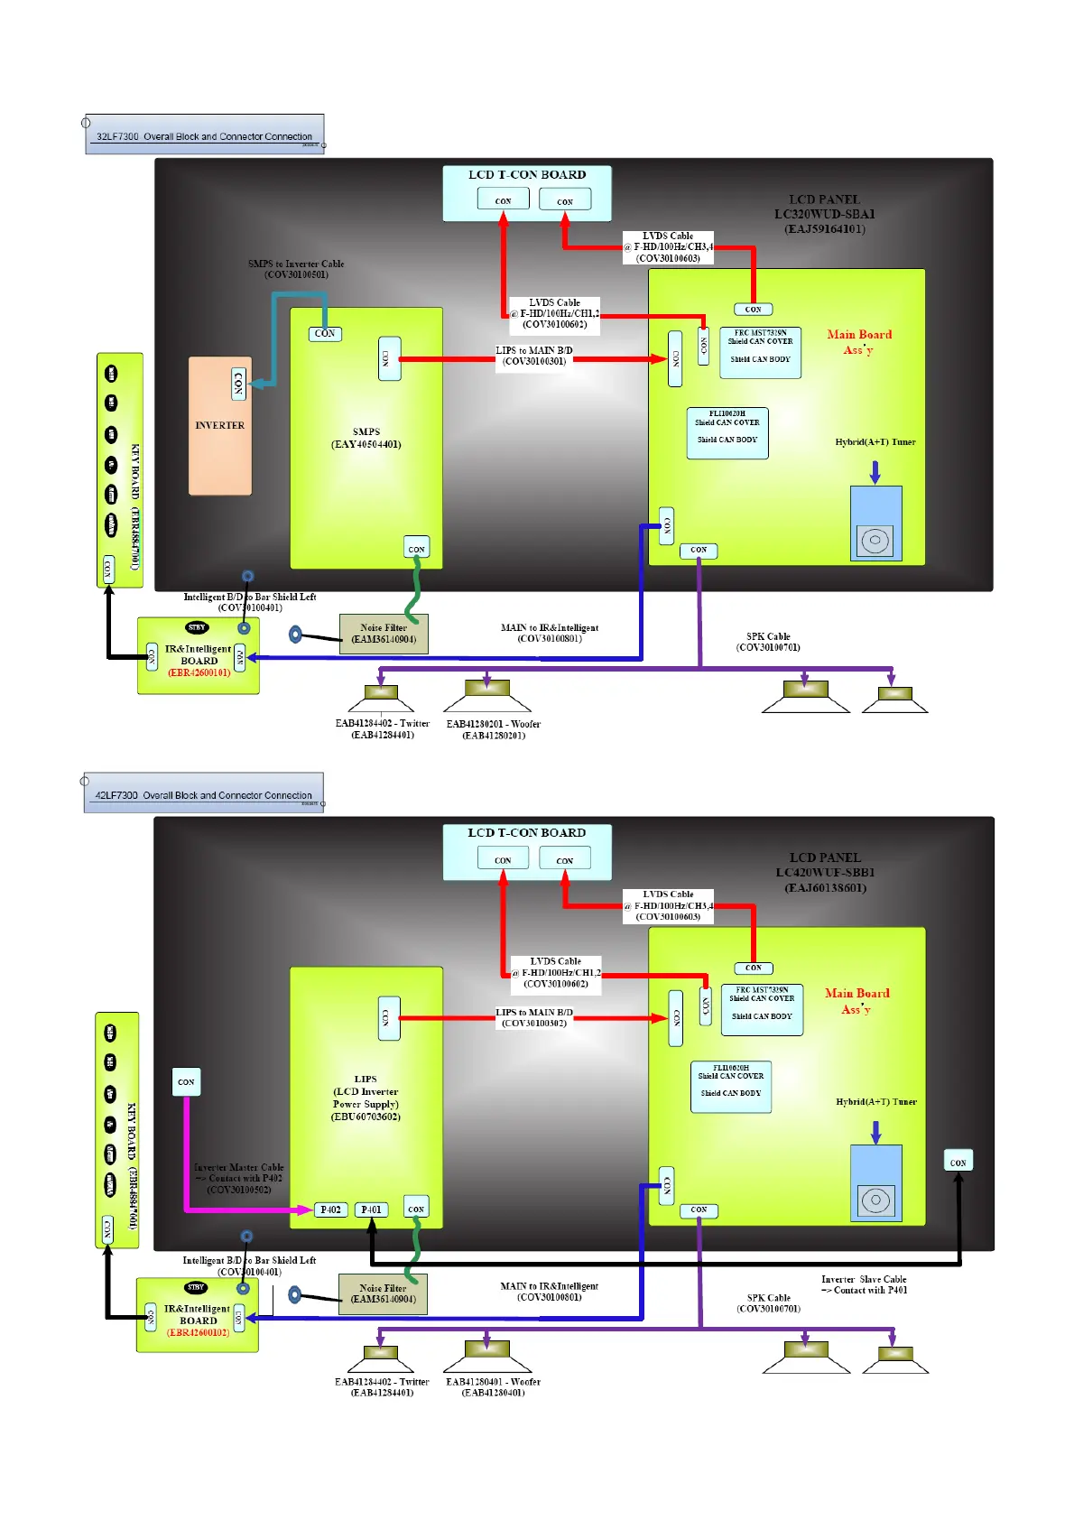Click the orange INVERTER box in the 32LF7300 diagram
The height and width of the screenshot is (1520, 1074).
pos(219,425)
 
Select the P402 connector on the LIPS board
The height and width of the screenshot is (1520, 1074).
pos(330,1210)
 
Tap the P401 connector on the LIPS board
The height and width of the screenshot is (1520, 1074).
pos(371,1210)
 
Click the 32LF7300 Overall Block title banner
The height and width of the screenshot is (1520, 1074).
pos(204,135)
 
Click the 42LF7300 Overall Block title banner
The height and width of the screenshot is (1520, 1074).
pos(203,794)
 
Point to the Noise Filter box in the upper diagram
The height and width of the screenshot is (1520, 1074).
pos(384,634)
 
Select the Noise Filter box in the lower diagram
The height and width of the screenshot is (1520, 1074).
pos(383,1293)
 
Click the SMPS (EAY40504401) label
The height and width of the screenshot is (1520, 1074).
pos(366,438)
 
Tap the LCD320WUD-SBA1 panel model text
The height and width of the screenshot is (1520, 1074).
pos(824,214)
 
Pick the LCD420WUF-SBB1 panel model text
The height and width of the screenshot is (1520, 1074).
pos(825,873)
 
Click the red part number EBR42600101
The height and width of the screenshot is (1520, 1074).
pos(199,672)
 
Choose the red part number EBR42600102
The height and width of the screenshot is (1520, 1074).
pos(198,1332)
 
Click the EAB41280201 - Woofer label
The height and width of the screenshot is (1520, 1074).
pos(494,724)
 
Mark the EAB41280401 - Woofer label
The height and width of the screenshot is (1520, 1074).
pos(493,1382)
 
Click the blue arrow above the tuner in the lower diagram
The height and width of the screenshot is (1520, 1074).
pos(875,1132)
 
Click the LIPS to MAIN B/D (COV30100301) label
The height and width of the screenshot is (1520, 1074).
pos(534,356)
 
